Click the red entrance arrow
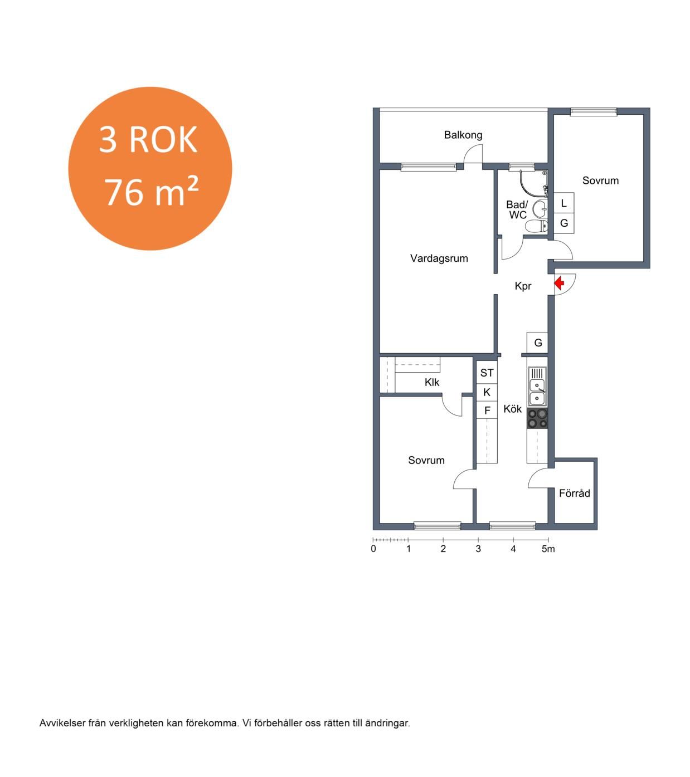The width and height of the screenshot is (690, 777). [559, 284]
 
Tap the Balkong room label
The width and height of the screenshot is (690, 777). [463, 135]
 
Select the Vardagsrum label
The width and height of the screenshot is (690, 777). [439, 258]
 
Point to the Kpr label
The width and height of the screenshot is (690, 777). [523, 286]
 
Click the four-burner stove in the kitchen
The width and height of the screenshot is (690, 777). [537, 418]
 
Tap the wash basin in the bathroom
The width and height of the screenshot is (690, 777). [540, 208]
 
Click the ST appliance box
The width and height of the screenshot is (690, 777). [487, 373]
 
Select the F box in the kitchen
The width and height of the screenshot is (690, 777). [487, 411]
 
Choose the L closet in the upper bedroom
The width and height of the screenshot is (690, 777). [563, 203]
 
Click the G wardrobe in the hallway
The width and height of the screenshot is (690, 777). [537, 343]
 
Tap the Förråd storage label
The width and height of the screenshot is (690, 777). [574, 493]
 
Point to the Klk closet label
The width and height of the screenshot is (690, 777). [432, 382]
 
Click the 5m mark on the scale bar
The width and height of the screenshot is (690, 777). [548, 549]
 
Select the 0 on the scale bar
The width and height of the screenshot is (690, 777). [373, 549]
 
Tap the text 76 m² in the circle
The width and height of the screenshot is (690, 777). [151, 192]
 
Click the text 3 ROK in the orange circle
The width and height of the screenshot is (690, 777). [148, 139]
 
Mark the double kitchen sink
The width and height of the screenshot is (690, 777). [537, 387]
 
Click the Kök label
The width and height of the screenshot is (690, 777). [512, 409]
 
